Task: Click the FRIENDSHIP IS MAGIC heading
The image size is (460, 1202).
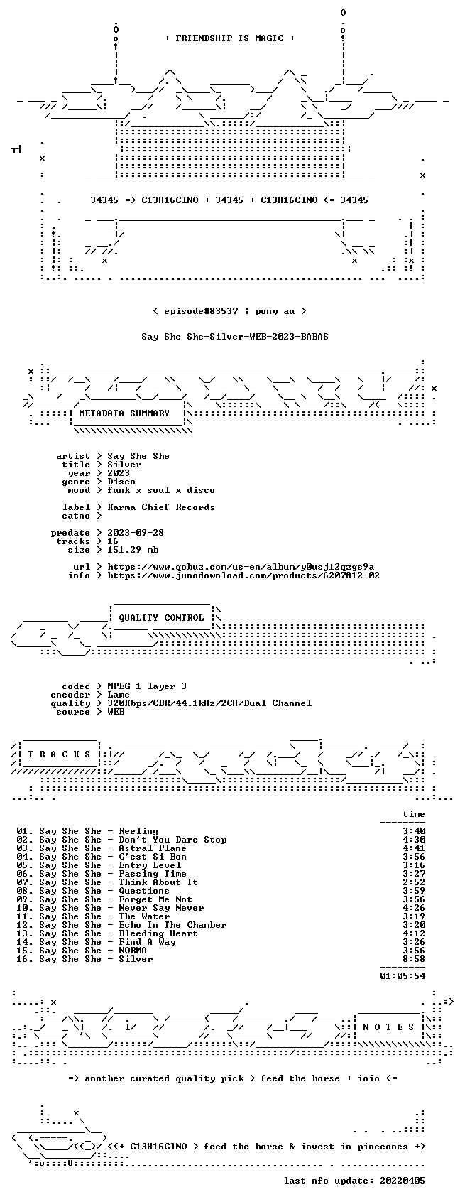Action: click(x=229, y=38)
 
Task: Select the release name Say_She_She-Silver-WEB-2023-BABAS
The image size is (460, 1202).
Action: click(x=235, y=337)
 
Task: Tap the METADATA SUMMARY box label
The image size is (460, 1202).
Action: click(x=124, y=413)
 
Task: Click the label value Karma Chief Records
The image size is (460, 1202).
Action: click(x=161, y=507)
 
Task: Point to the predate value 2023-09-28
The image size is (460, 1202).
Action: click(x=136, y=533)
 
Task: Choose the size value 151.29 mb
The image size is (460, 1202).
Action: click(x=133, y=550)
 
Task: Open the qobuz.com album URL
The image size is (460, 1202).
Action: click(x=241, y=567)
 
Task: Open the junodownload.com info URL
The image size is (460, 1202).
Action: click(x=243, y=575)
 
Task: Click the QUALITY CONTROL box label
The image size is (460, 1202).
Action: click(x=161, y=618)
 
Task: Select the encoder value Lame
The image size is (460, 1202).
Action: click(x=119, y=695)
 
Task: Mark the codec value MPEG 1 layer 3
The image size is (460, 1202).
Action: click(x=147, y=686)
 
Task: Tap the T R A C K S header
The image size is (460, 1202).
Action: click(x=60, y=754)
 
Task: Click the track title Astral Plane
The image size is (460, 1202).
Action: click(x=153, y=848)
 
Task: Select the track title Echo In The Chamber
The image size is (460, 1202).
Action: click(x=172, y=925)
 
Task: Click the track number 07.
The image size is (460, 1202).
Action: click(x=23, y=882)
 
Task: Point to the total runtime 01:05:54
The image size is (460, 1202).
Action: click(x=402, y=976)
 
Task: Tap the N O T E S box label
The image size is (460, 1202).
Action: click(x=389, y=1027)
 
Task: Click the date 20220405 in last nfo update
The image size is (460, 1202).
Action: click(x=402, y=1181)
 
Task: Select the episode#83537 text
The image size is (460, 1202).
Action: click(x=201, y=311)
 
